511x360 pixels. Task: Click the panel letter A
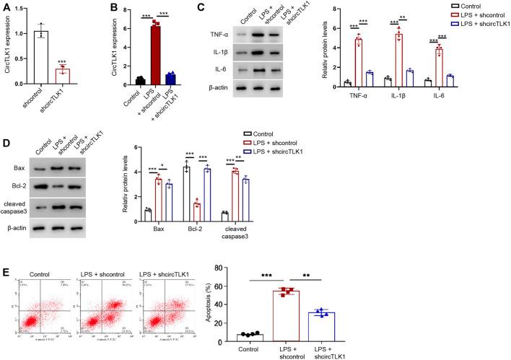[6, 6]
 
